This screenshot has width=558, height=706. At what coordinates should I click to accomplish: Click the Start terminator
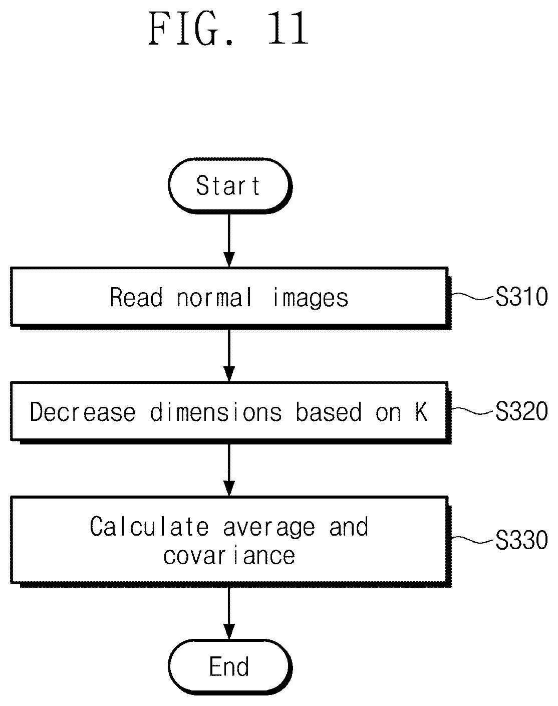229,185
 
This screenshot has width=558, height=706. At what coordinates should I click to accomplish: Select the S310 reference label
521,297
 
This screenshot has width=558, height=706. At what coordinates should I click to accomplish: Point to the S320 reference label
521,411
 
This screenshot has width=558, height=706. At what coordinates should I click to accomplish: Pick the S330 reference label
521,540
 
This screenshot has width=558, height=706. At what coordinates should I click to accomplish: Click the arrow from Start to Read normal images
229,240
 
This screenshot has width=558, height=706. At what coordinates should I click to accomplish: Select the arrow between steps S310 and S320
229,355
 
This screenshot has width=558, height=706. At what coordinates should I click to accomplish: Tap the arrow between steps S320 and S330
229,470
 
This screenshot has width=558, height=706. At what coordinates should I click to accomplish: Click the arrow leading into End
229,613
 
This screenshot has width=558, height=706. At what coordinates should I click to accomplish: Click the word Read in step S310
136,297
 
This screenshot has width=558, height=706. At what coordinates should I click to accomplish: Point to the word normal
214,297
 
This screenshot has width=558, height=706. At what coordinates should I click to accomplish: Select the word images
311,298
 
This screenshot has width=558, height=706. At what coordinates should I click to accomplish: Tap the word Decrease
83,412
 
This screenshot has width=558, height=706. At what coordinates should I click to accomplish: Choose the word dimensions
216,412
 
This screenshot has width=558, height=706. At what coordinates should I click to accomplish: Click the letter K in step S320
422,412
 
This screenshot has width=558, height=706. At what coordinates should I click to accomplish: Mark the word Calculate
149,527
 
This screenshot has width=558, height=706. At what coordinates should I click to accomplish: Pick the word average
269,528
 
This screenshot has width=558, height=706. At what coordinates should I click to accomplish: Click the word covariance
229,556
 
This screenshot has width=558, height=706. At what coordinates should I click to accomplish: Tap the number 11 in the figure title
288,29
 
